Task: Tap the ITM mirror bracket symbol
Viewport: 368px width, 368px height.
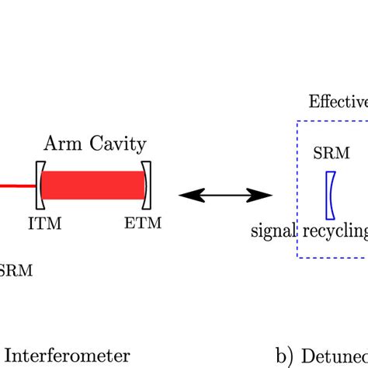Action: click(38, 185)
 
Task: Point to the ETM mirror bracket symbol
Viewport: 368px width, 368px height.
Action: click(148, 185)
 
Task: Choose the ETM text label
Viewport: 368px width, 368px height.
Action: click(143, 224)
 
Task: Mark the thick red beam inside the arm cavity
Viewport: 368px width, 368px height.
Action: click(93, 185)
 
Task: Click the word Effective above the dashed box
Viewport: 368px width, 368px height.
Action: click(338, 102)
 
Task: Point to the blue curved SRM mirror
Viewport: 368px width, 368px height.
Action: click(332, 194)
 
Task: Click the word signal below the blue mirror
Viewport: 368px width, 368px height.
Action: click(272, 231)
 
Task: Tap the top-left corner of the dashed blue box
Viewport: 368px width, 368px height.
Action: click(297, 121)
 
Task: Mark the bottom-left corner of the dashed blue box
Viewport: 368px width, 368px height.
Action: click(297, 257)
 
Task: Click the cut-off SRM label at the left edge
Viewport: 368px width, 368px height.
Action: click(10, 270)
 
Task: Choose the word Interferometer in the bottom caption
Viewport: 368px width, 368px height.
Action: click(70, 356)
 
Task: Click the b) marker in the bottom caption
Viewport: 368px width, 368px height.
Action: click(285, 356)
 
